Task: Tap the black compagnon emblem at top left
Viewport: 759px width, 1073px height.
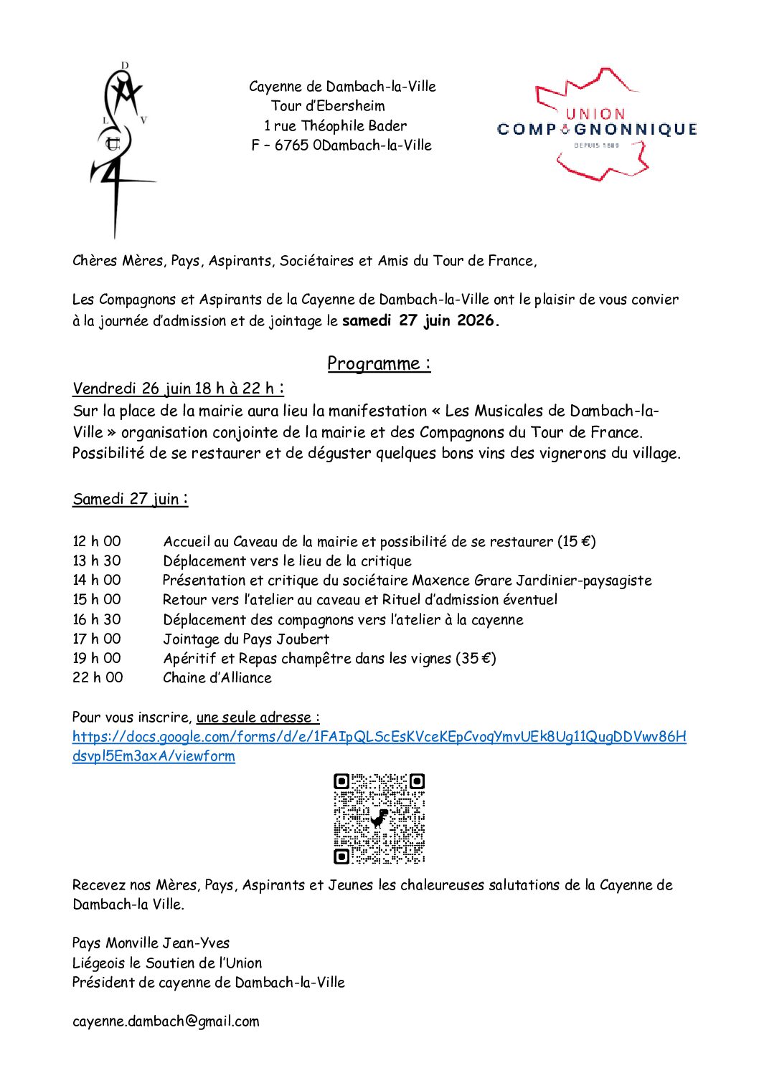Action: pyautogui.click(x=121, y=150)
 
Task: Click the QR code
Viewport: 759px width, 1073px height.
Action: pyautogui.click(x=379, y=818)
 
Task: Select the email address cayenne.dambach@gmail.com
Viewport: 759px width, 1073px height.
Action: pyautogui.click(x=166, y=1021)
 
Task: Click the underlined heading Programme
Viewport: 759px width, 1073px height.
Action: pyautogui.click(x=379, y=363)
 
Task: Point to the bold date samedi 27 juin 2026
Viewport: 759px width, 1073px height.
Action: pyautogui.click(x=420, y=320)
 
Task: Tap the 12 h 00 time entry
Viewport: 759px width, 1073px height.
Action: pyautogui.click(x=97, y=541)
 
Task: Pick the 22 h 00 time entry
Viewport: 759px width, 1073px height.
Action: pyautogui.click(x=98, y=677)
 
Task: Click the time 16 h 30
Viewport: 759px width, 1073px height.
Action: pyautogui.click(x=97, y=619)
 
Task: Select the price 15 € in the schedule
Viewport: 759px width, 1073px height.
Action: pyautogui.click(x=577, y=541)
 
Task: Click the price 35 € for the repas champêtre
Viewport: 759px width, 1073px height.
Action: pyautogui.click(x=476, y=658)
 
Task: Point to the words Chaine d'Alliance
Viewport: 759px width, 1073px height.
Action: pyautogui.click(x=217, y=677)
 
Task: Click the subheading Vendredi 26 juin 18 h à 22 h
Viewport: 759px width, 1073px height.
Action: pyautogui.click(x=178, y=388)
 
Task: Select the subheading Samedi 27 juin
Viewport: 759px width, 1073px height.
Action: pyautogui.click(x=130, y=499)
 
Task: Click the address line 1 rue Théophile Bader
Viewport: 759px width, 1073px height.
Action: pyautogui.click(x=335, y=125)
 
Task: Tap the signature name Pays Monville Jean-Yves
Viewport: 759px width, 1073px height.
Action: pyautogui.click(x=151, y=943)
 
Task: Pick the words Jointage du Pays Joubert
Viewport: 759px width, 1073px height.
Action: pyautogui.click(x=246, y=639)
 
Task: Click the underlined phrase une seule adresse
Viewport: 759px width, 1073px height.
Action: pyautogui.click(x=258, y=717)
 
